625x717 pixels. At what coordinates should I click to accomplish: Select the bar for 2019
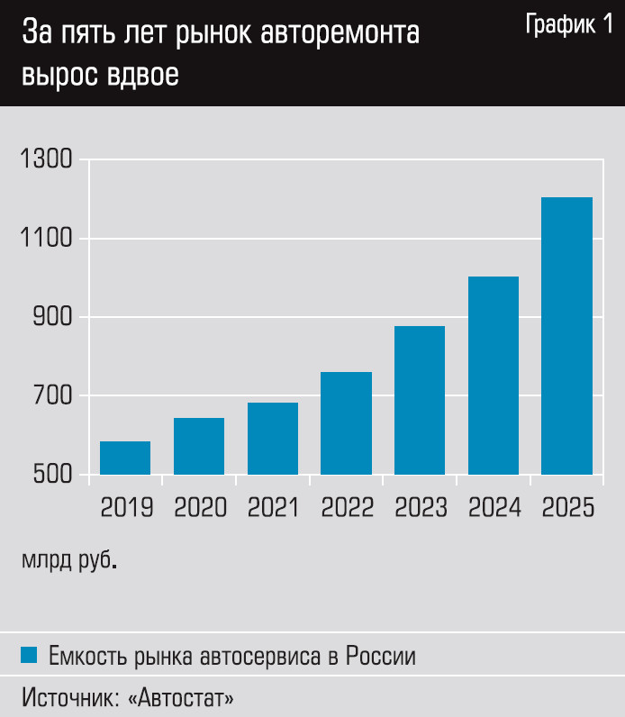pyautogui.click(x=125, y=458)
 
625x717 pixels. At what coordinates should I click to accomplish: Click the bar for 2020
pyautogui.click(x=199, y=446)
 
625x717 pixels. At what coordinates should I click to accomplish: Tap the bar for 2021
pyautogui.click(x=273, y=438)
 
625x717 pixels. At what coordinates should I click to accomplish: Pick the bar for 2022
pyautogui.click(x=346, y=422)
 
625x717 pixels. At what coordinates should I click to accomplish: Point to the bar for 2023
pyautogui.click(x=420, y=400)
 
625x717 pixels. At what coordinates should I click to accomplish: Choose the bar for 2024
pyautogui.click(x=494, y=375)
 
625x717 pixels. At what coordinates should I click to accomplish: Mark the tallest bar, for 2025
pyautogui.click(x=567, y=335)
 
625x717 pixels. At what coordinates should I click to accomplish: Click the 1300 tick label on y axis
pyautogui.click(x=44, y=160)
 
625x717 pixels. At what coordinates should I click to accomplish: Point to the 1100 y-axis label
pyautogui.click(x=44, y=240)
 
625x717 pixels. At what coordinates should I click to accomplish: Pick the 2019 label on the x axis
pyautogui.click(x=126, y=509)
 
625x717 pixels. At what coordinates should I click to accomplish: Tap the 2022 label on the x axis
pyautogui.click(x=347, y=509)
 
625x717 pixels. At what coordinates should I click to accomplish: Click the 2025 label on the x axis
pyautogui.click(x=568, y=509)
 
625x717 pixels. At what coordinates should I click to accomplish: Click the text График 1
pyautogui.click(x=567, y=27)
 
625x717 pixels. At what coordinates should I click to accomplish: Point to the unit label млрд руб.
pyautogui.click(x=68, y=560)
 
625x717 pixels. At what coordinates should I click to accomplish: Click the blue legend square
pyautogui.click(x=29, y=655)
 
